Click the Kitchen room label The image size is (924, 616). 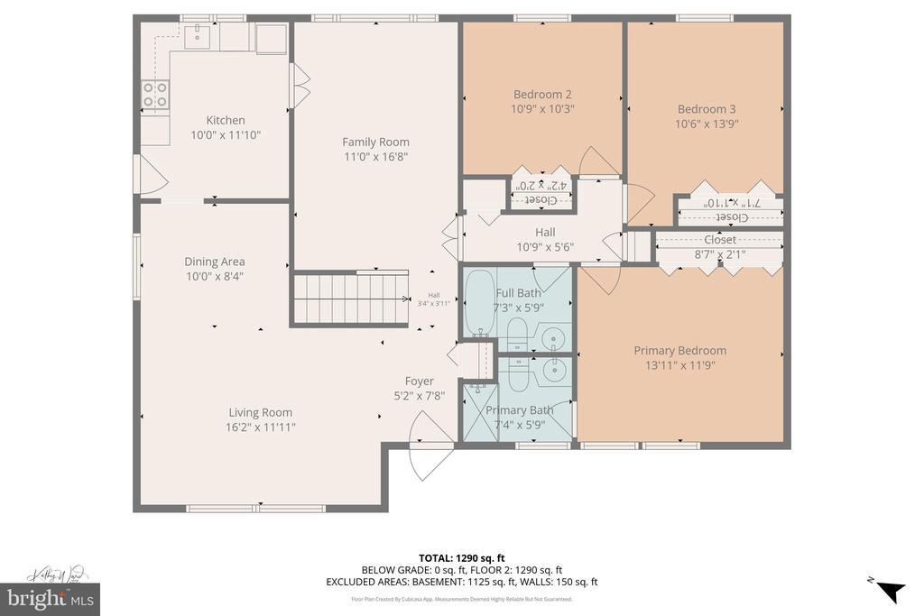pyautogui.click(x=225, y=120)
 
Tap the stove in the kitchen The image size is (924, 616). pyautogui.click(x=155, y=95)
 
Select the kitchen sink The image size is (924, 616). pyautogui.click(x=196, y=36)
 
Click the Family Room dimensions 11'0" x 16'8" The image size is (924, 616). pyautogui.click(x=375, y=157)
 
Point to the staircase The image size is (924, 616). pyautogui.click(x=347, y=298)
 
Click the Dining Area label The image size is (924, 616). pyautogui.click(x=215, y=262)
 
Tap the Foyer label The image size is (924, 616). pyautogui.click(x=419, y=381)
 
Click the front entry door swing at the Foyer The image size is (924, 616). pyautogui.click(x=430, y=448)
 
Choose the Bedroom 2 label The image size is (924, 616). pyautogui.click(x=542, y=94)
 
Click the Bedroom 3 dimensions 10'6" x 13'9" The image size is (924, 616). pyautogui.click(x=707, y=124)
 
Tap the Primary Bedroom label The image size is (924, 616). pyautogui.click(x=679, y=350)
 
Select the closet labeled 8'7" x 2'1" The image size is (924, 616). pyautogui.click(x=719, y=247)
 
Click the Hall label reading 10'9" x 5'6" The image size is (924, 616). pyautogui.click(x=544, y=247)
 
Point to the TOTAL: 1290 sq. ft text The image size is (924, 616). pyautogui.click(x=461, y=556)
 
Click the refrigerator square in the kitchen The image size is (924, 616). pyautogui.click(x=271, y=38)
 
